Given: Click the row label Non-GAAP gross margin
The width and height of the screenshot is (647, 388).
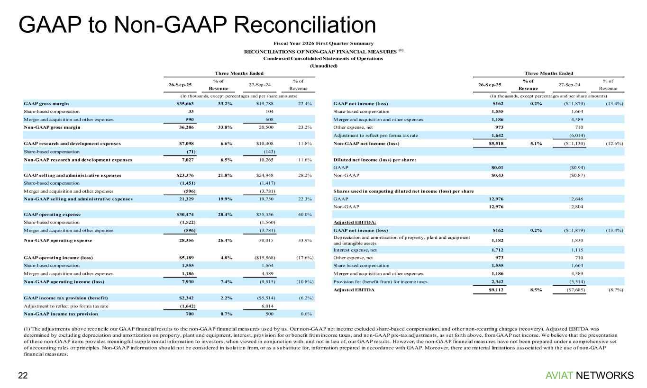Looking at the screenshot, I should [x=52, y=127].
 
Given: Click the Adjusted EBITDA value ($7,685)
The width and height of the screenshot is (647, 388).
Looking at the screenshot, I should [x=573, y=289].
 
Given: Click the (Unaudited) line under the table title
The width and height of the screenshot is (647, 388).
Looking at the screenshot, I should [x=323, y=66].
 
